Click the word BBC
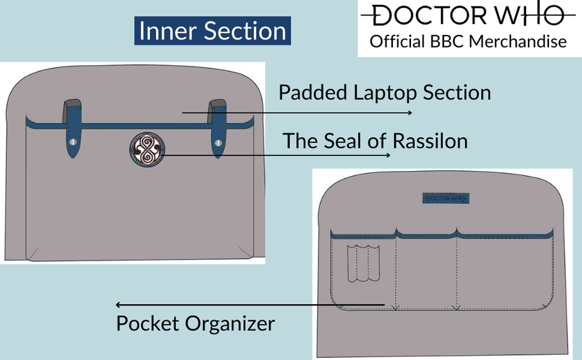click(x=445, y=42)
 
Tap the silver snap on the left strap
click(x=73, y=143)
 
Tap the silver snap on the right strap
click(x=217, y=143)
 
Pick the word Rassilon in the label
click(x=429, y=141)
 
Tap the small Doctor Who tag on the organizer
click(x=445, y=198)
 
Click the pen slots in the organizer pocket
click(x=362, y=264)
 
